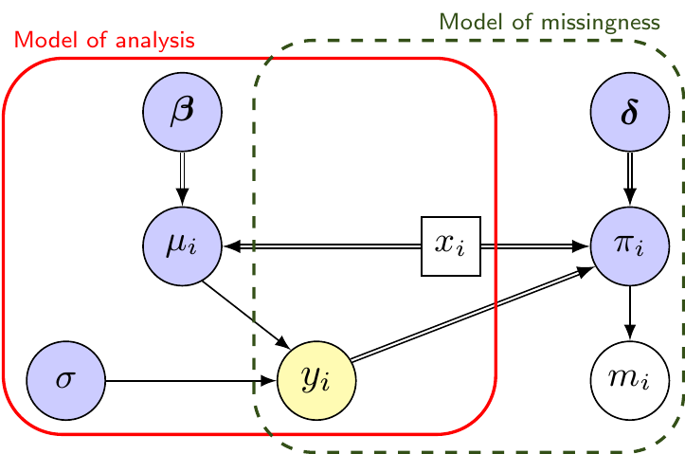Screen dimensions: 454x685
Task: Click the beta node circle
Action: click(182, 113)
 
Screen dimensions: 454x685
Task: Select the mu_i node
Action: click(182, 246)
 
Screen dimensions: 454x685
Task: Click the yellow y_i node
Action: click(316, 381)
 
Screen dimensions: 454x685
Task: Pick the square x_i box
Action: click(450, 246)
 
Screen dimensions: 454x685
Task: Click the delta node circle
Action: click(630, 113)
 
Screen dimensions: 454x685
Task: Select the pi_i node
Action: click(630, 246)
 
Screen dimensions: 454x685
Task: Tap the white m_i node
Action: click(630, 381)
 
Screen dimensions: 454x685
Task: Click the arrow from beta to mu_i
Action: click(182, 179)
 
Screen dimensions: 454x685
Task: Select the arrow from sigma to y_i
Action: click(189, 381)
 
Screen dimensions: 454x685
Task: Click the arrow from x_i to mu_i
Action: click(322, 246)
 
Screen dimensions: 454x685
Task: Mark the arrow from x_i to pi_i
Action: click(535, 246)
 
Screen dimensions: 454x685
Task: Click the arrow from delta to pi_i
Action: click(630, 179)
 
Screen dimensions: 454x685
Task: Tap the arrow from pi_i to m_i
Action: click(630, 314)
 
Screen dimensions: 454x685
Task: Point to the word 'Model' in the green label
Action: click(468, 21)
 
